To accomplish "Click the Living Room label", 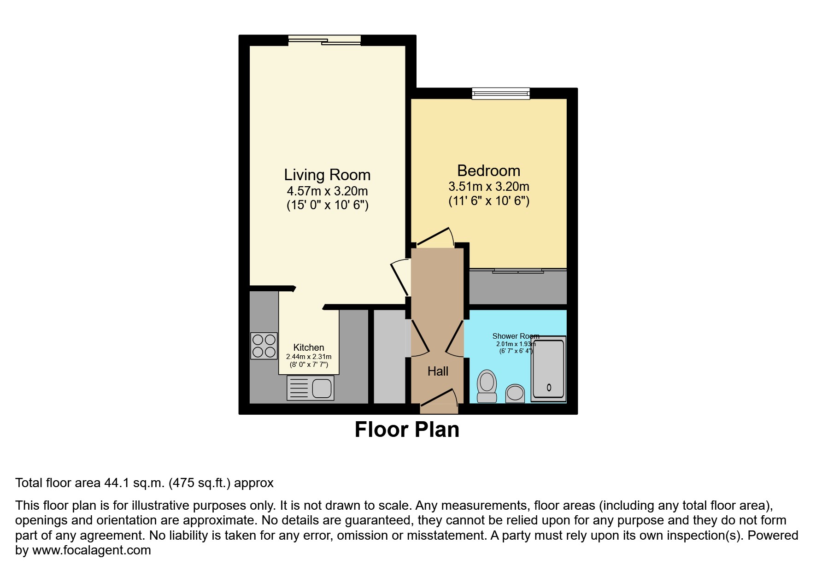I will click(327, 175).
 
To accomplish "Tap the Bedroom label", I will click(488, 171).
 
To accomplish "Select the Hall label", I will click(437, 371).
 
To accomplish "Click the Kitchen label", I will click(309, 348).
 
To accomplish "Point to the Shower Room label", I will click(515, 336).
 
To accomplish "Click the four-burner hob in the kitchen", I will click(264, 346).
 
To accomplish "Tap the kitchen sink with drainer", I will click(310, 388).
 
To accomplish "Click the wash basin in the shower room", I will click(515, 394).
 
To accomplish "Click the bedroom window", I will click(501, 94).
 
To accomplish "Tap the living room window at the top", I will click(324, 41).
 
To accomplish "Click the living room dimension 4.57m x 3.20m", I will click(327, 191).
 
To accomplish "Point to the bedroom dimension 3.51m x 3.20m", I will click(488, 187).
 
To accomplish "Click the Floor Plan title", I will click(407, 430).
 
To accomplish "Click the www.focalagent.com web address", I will click(91, 550).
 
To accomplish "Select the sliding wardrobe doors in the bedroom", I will click(518, 271).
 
